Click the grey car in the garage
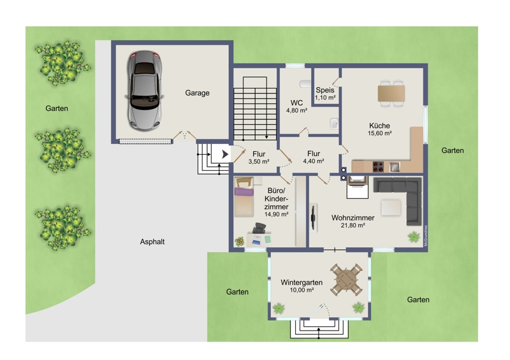(x=145, y=90)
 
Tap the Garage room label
(x=197, y=93)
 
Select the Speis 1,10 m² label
(x=325, y=94)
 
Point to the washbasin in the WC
(x=334, y=124)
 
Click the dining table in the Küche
(x=391, y=93)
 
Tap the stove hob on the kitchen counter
(x=378, y=166)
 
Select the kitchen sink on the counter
(x=395, y=166)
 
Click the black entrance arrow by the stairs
(x=225, y=154)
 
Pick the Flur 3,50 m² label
(x=259, y=157)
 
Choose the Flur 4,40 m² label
(x=314, y=157)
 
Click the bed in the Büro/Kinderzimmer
(x=244, y=197)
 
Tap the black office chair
(x=259, y=228)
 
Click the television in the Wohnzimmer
(x=314, y=217)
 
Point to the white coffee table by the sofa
(x=391, y=208)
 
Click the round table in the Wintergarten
(x=346, y=280)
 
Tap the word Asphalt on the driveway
(x=152, y=241)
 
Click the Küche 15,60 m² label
(x=379, y=129)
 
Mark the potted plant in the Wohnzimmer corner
(x=414, y=236)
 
